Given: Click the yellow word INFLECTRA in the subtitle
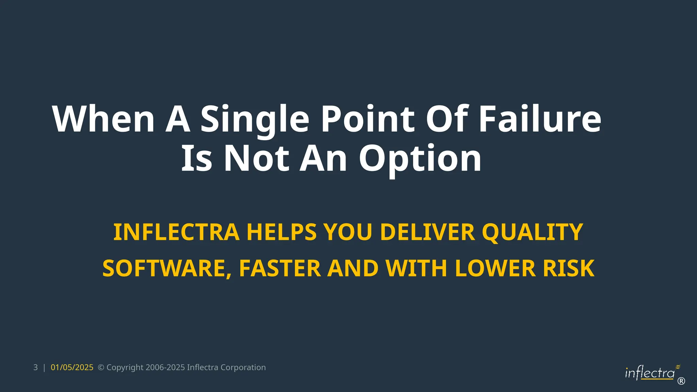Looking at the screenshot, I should [x=176, y=232].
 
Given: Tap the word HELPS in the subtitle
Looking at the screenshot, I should [x=281, y=232].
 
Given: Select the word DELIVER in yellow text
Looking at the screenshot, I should [x=427, y=232].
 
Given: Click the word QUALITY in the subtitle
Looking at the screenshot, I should [x=532, y=232].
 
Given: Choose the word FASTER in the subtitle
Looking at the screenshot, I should [x=280, y=268].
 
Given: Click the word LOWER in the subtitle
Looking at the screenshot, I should [x=495, y=268].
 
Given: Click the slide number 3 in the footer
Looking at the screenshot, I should [x=35, y=367].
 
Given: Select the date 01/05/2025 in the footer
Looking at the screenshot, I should [x=72, y=367].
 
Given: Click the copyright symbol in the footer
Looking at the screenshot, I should [x=101, y=367].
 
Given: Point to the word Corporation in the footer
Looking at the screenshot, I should [x=243, y=367].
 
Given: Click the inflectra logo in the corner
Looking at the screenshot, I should [x=650, y=373].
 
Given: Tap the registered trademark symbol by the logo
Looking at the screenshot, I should [x=681, y=381].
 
